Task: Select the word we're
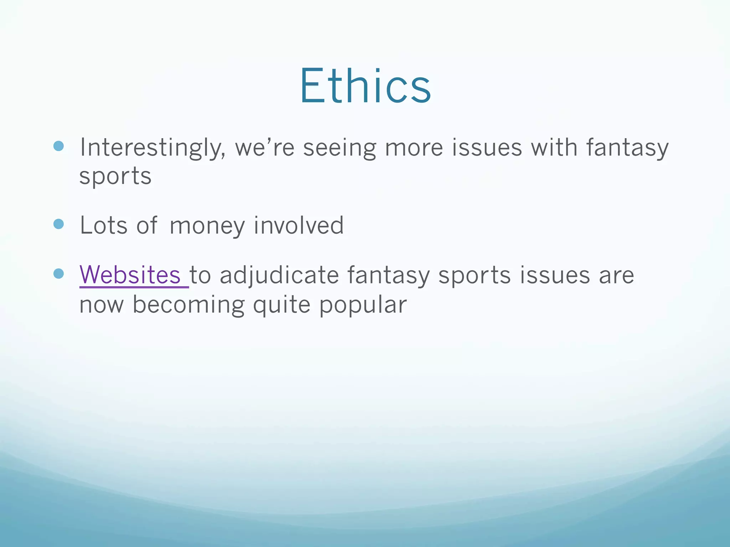[265, 148]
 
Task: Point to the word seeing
[339, 148]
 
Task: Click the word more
[414, 148]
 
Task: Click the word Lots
[104, 225]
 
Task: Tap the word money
[207, 226]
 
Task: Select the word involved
[299, 225]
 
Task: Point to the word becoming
[189, 305]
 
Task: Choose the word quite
[282, 305]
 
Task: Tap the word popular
[363, 305]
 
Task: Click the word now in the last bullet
[102, 306]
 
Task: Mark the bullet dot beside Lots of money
[58, 224]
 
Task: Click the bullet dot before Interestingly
[58, 146]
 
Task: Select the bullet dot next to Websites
[58, 273]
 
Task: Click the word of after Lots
[146, 225]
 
